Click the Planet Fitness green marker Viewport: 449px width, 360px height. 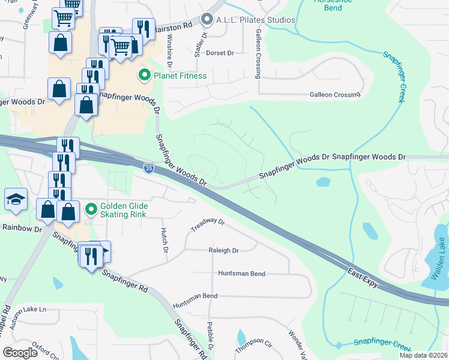pos(144,76)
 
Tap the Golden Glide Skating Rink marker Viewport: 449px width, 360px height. pos(91,209)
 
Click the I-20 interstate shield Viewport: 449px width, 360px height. pos(148,169)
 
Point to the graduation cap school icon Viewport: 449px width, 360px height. pos(16,199)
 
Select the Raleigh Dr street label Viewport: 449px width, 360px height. pos(223,250)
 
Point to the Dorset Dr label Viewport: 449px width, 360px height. pos(219,53)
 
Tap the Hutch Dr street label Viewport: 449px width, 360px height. pos(163,239)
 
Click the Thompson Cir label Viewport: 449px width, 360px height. pos(253,344)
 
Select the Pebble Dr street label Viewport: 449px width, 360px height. pos(211,339)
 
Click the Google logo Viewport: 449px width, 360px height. pos(20,352)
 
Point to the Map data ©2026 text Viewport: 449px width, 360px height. pos(423,355)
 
